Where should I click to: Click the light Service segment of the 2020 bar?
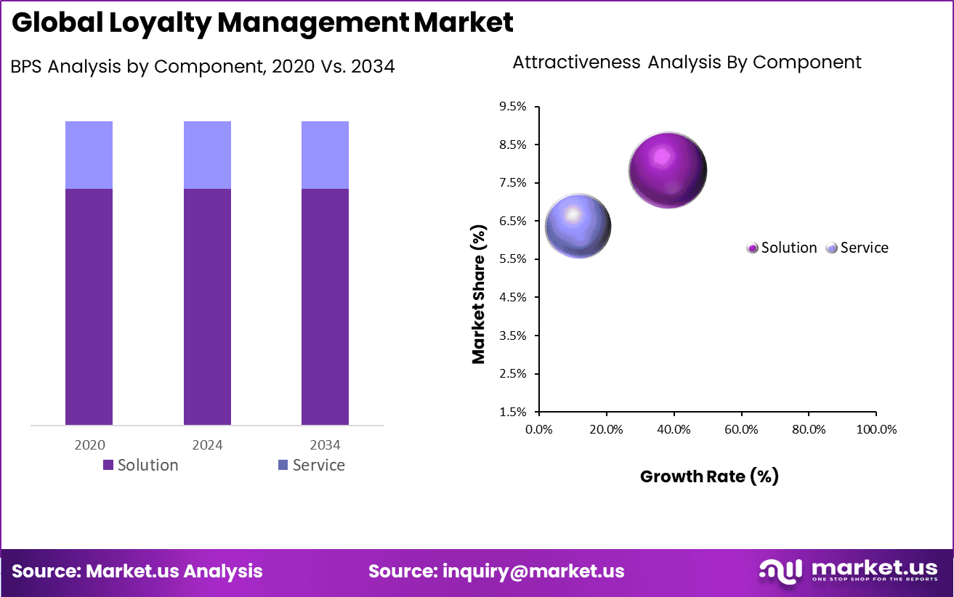point(89,155)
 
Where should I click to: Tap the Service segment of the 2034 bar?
point(325,155)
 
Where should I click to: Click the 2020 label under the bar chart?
point(89,444)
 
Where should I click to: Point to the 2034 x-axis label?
point(325,444)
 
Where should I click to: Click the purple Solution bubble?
point(668,171)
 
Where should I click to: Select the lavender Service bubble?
point(578,226)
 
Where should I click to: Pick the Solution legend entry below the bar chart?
point(140,465)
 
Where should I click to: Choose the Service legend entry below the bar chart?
point(311,465)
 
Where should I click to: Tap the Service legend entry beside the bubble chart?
point(858,248)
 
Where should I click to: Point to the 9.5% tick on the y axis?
point(513,107)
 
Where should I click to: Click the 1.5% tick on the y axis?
point(513,412)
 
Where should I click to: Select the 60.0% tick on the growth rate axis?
point(741,429)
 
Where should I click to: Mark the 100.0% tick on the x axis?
point(877,429)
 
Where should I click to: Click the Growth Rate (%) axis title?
point(709,476)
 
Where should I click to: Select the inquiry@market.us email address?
point(533,571)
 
